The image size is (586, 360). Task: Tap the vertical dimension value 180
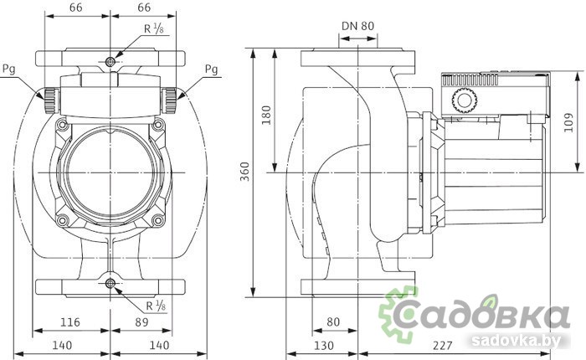tap(267, 115)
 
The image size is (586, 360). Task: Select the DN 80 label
tap(357, 25)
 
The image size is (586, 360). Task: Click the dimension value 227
tap(434, 344)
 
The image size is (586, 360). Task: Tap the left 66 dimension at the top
tap(76, 8)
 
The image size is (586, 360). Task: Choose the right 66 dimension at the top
tap(143, 8)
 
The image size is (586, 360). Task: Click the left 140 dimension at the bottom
tap(61, 344)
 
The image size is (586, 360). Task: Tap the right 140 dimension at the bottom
tap(159, 344)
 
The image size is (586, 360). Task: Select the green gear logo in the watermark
tap(399, 312)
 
